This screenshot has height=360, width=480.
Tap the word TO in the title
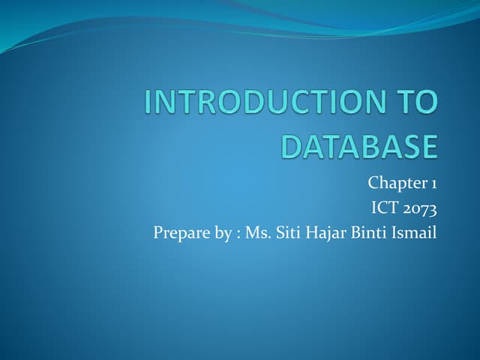point(417,103)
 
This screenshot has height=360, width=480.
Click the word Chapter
point(397,183)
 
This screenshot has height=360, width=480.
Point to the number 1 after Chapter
point(433,183)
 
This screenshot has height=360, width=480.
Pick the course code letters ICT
point(385,208)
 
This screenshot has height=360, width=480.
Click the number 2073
point(421,208)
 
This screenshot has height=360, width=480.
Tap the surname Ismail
point(413,233)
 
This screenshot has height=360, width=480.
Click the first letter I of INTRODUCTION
point(147,103)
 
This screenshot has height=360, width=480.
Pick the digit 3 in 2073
point(432,208)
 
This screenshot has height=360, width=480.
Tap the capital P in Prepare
point(157,233)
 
